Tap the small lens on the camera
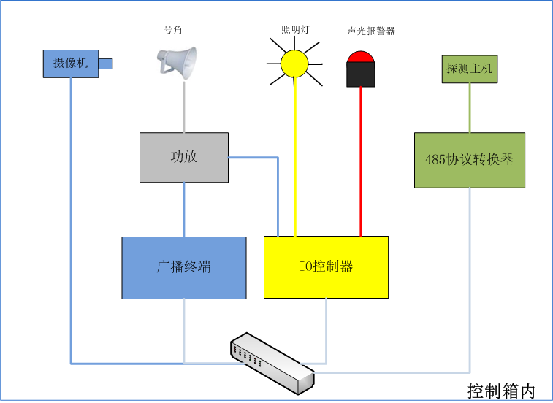tap(105, 64)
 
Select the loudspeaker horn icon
tap(178, 63)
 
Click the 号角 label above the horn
tap(173, 31)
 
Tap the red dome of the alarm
tap(360, 57)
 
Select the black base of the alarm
tap(360, 74)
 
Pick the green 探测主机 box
tap(469, 69)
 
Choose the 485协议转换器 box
tap(469, 159)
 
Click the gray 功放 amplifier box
tap(183, 157)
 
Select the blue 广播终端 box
tap(183, 267)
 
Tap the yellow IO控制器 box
tap(326, 266)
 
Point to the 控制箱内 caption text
tap(501, 391)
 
